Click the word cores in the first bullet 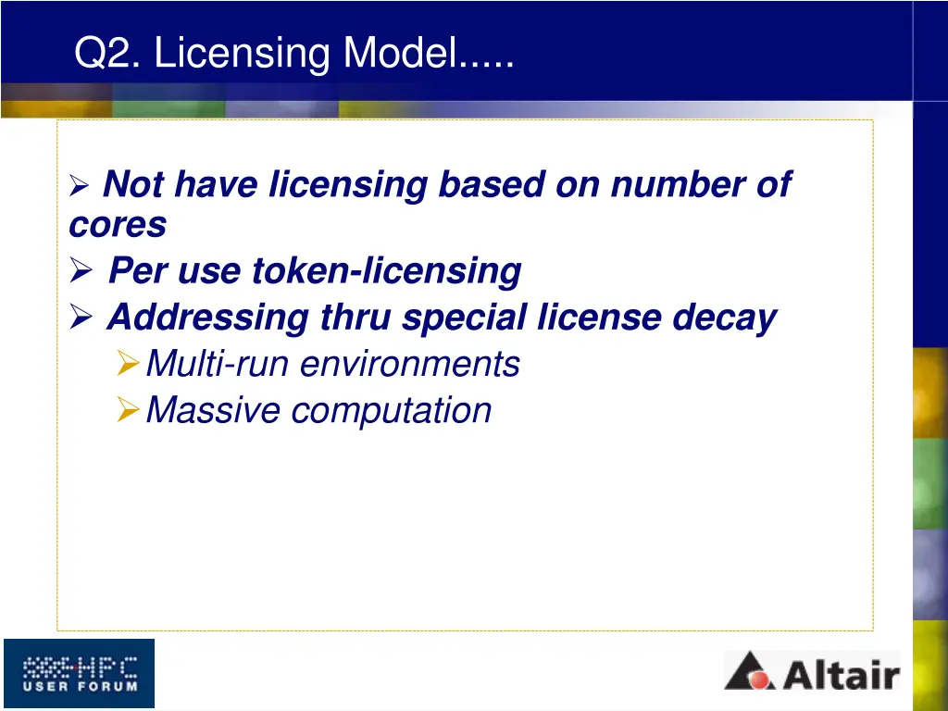[118, 225]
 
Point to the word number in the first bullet [673, 185]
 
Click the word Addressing [207, 318]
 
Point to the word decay [724, 318]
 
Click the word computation [391, 410]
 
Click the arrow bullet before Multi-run [129, 365]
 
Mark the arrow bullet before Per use [81, 272]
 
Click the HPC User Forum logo [79, 673]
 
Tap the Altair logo [811, 671]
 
